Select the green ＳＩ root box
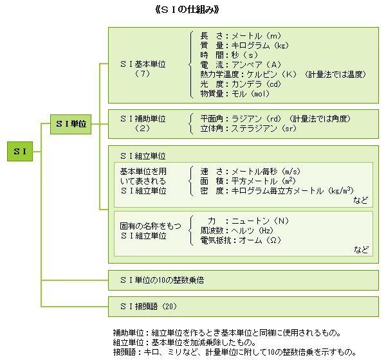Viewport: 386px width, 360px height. click(x=20, y=152)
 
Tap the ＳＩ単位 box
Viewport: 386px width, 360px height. click(x=71, y=124)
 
